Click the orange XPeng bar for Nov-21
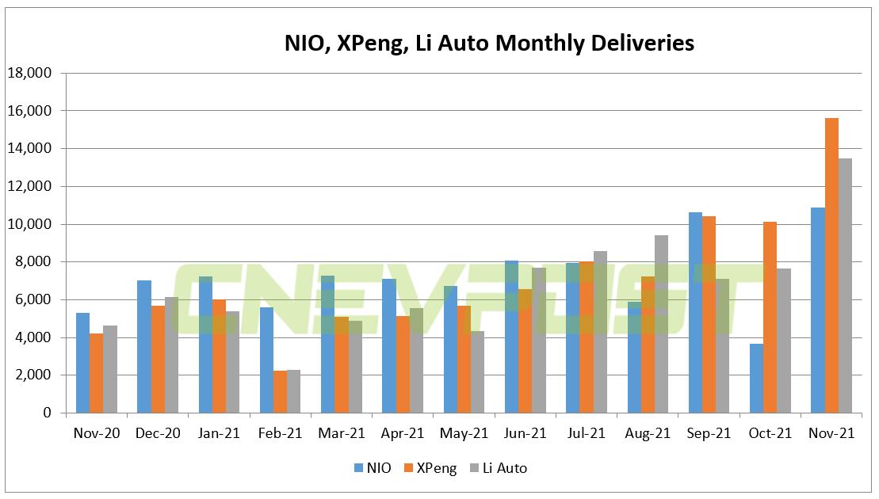(x=831, y=265)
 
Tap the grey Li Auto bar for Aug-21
(x=662, y=324)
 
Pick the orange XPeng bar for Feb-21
(x=280, y=391)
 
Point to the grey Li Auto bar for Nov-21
(x=846, y=285)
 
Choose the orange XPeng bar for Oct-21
(x=770, y=317)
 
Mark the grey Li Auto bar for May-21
(x=477, y=371)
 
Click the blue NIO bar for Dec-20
(x=143, y=346)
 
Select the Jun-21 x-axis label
(x=525, y=434)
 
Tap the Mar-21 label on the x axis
(x=342, y=434)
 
